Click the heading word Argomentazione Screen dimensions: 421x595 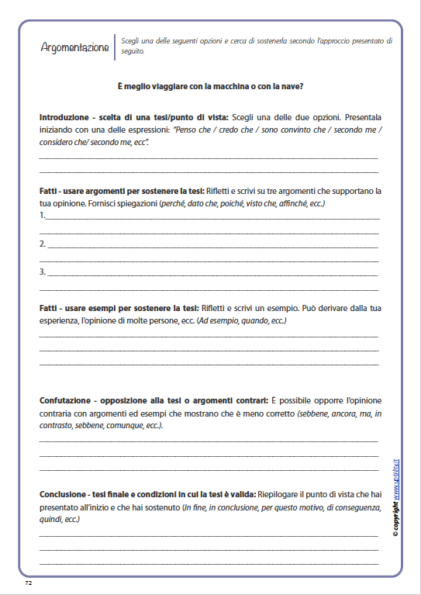coord(74,47)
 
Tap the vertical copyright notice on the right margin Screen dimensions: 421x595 coord(395,497)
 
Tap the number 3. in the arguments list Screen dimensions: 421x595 coord(43,272)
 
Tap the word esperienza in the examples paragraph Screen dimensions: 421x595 coord(59,320)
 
